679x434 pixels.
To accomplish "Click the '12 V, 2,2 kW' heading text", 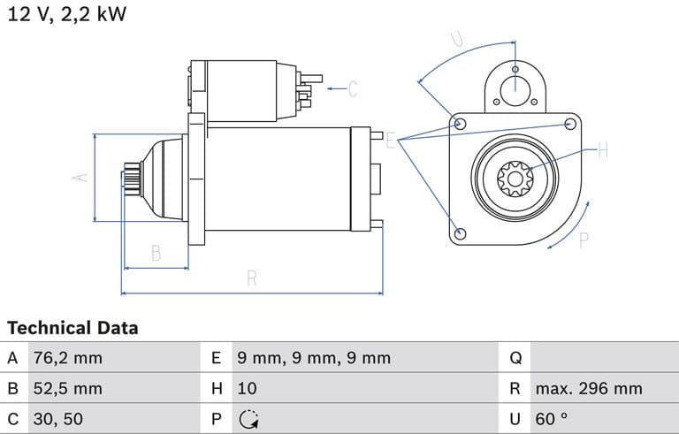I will (x=67, y=16).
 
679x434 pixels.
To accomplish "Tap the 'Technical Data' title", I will (x=72, y=328).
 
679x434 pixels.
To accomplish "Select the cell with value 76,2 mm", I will (x=66, y=358).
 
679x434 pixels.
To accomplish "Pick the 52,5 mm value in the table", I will (x=66, y=388).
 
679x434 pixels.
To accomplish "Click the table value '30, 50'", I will (x=58, y=419).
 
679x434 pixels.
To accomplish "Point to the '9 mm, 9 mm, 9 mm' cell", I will (x=313, y=358).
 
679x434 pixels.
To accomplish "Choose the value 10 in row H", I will (x=247, y=388).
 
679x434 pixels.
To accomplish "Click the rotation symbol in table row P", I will (x=248, y=419).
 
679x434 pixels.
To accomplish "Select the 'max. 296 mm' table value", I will (x=588, y=388).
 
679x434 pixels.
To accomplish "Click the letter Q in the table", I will (x=516, y=358).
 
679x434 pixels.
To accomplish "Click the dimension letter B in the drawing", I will (x=156, y=253).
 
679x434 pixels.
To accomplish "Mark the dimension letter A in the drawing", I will (x=80, y=177).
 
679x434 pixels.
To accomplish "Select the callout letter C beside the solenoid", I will (x=352, y=88).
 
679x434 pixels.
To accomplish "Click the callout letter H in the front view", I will (x=603, y=150).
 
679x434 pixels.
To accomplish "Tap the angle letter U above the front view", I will (x=458, y=39).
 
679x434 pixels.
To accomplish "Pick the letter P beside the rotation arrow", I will (x=584, y=240).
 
